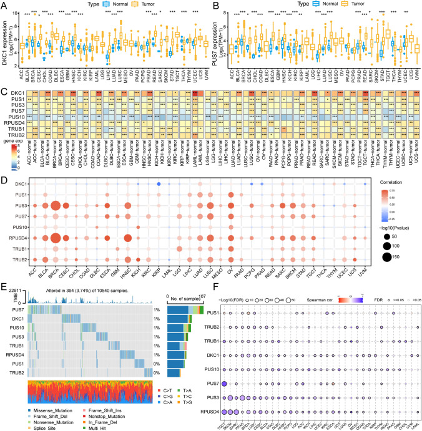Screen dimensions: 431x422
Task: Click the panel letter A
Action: pos(4,5)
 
